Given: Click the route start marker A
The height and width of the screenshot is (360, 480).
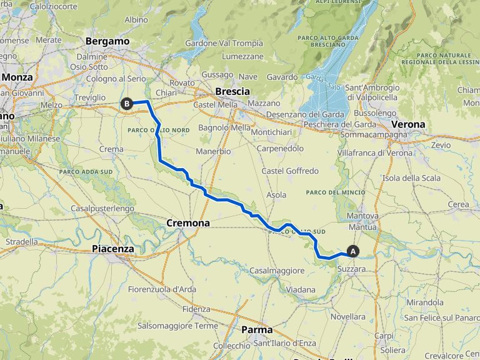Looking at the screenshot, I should click(x=353, y=251).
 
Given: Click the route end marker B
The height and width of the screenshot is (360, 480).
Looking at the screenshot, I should click(x=127, y=104).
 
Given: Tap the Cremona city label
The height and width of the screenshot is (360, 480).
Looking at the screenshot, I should click(x=188, y=222).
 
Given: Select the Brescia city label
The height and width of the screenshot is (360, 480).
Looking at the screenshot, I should click(x=232, y=91).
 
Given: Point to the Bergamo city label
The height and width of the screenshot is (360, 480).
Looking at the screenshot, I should click(x=107, y=41).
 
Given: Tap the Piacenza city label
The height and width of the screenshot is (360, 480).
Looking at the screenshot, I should click(x=112, y=249).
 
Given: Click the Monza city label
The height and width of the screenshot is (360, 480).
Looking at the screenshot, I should click(x=17, y=77).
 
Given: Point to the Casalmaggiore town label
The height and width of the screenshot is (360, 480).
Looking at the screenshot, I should click(x=277, y=271).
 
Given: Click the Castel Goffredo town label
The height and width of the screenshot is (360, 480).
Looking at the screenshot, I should click(x=290, y=171).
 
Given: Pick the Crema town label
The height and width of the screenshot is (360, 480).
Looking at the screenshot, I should click(x=111, y=149).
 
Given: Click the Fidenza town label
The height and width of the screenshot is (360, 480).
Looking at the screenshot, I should click(x=196, y=309).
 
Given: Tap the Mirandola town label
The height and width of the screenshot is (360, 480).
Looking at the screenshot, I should click(x=424, y=302).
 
